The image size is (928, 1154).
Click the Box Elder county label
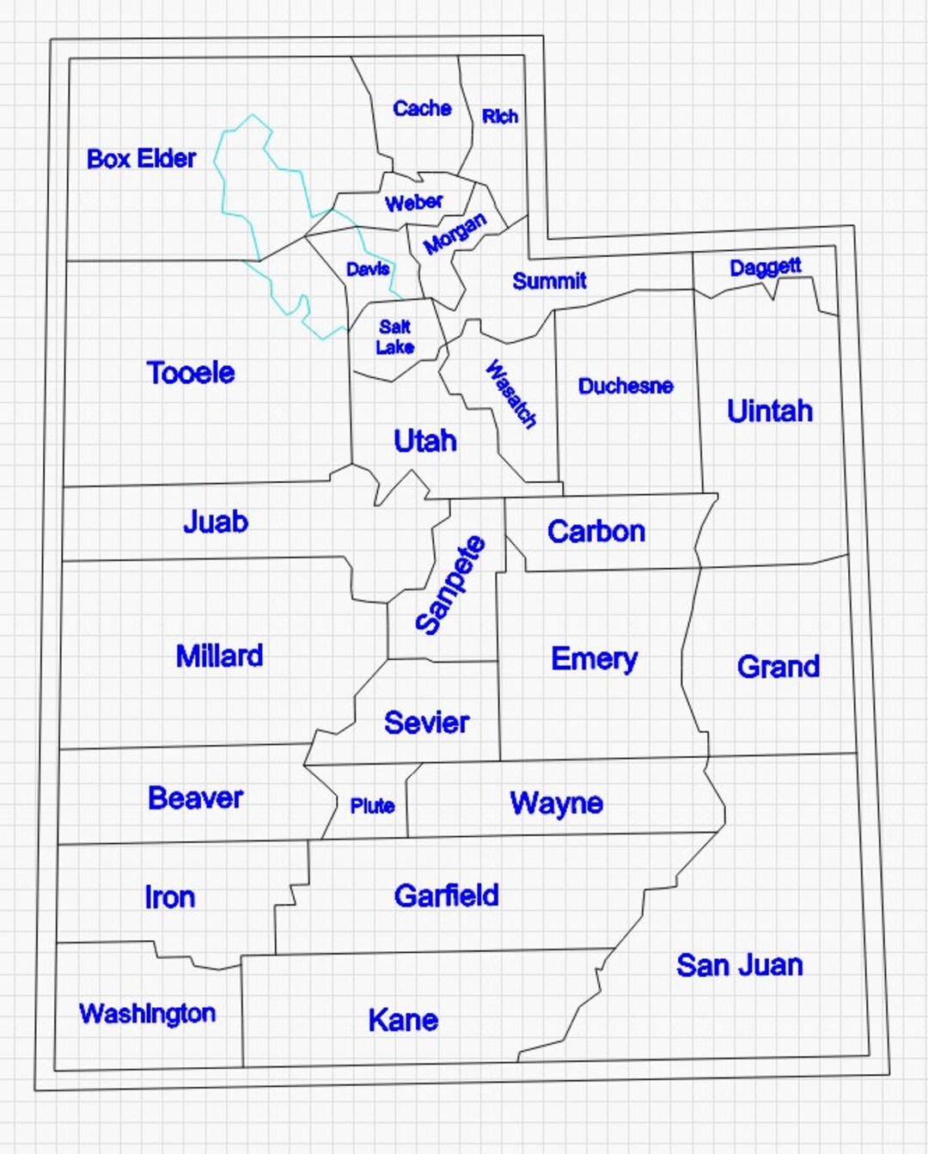tap(142, 159)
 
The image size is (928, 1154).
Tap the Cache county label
tap(422, 108)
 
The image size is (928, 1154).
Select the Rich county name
tap(499, 116)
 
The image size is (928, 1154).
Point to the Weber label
tap(413, 203)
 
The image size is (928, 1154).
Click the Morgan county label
tap(455, 234)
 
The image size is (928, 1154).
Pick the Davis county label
tap(368, 269)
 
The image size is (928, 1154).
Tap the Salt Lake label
tap(394, 337)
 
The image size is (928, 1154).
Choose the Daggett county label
tap(765, 267)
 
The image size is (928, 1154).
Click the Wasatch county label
tap(510, 394)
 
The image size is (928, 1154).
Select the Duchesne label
tap(626, 386)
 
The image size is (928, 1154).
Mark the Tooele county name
tap(191, 373)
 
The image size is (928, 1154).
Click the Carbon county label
tap(596, 531)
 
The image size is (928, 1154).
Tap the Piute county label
tap(372, 806)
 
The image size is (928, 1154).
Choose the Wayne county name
tap(556, 803)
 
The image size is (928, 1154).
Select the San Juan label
tap(739, 965)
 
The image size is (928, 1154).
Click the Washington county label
tap(147, 1014)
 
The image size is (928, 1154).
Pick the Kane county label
tap(403, 1020)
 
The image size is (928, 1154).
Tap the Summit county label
tap(549, 281)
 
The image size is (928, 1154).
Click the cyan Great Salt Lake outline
tap(223, 198)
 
